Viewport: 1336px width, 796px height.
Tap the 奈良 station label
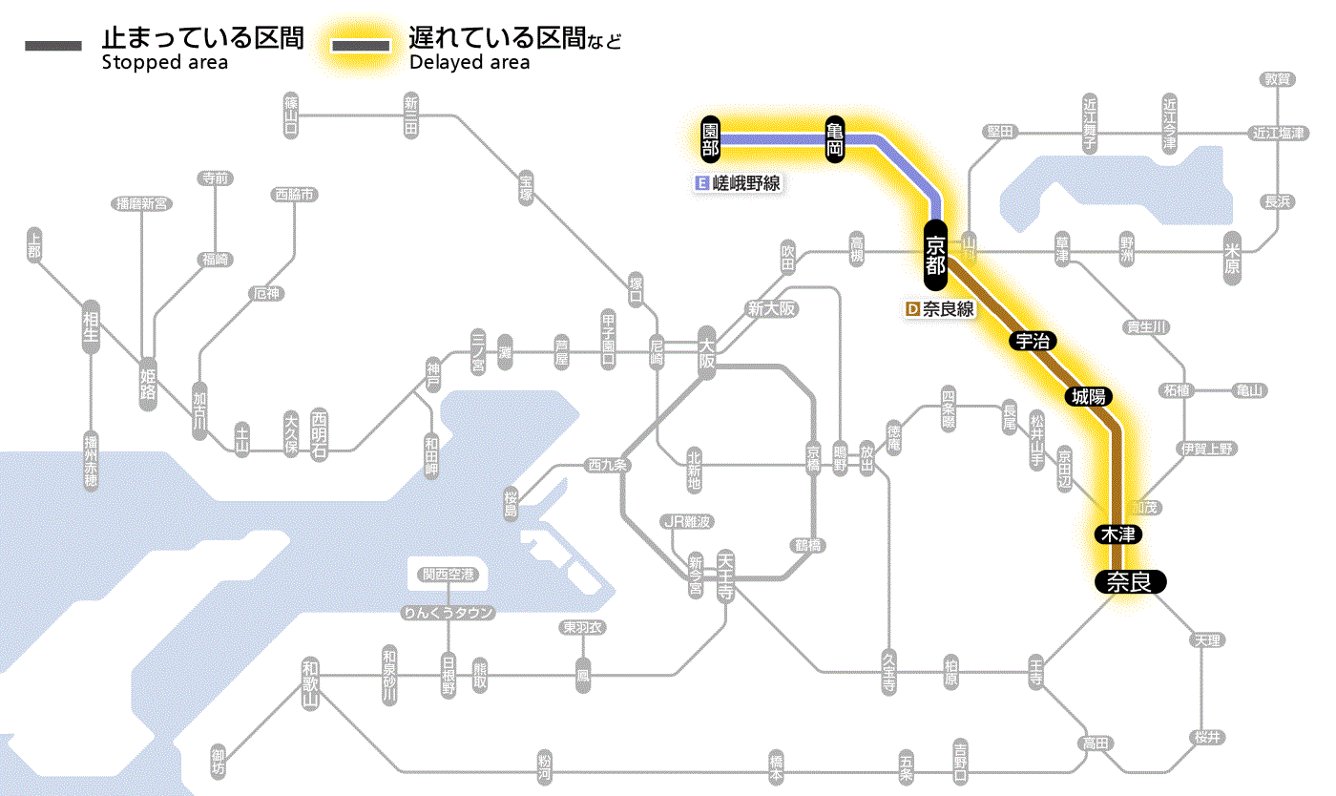tap(1129, 581)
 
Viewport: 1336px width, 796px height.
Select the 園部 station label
tap(709, 139)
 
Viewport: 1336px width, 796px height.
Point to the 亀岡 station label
tap(835, 139)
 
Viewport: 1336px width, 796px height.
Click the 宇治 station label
tap(1033, 342)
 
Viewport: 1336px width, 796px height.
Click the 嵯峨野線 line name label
tap(747, 183)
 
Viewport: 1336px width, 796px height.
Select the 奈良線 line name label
tap(948, 309)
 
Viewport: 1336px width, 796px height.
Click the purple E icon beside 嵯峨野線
tap(702, 183)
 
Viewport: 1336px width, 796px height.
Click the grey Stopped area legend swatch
tap(54, 46)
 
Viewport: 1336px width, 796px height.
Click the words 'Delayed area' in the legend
tap(469, 63)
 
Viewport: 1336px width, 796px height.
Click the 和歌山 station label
tap(310, 682)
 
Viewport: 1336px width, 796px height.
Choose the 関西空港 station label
tap(449, 574)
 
